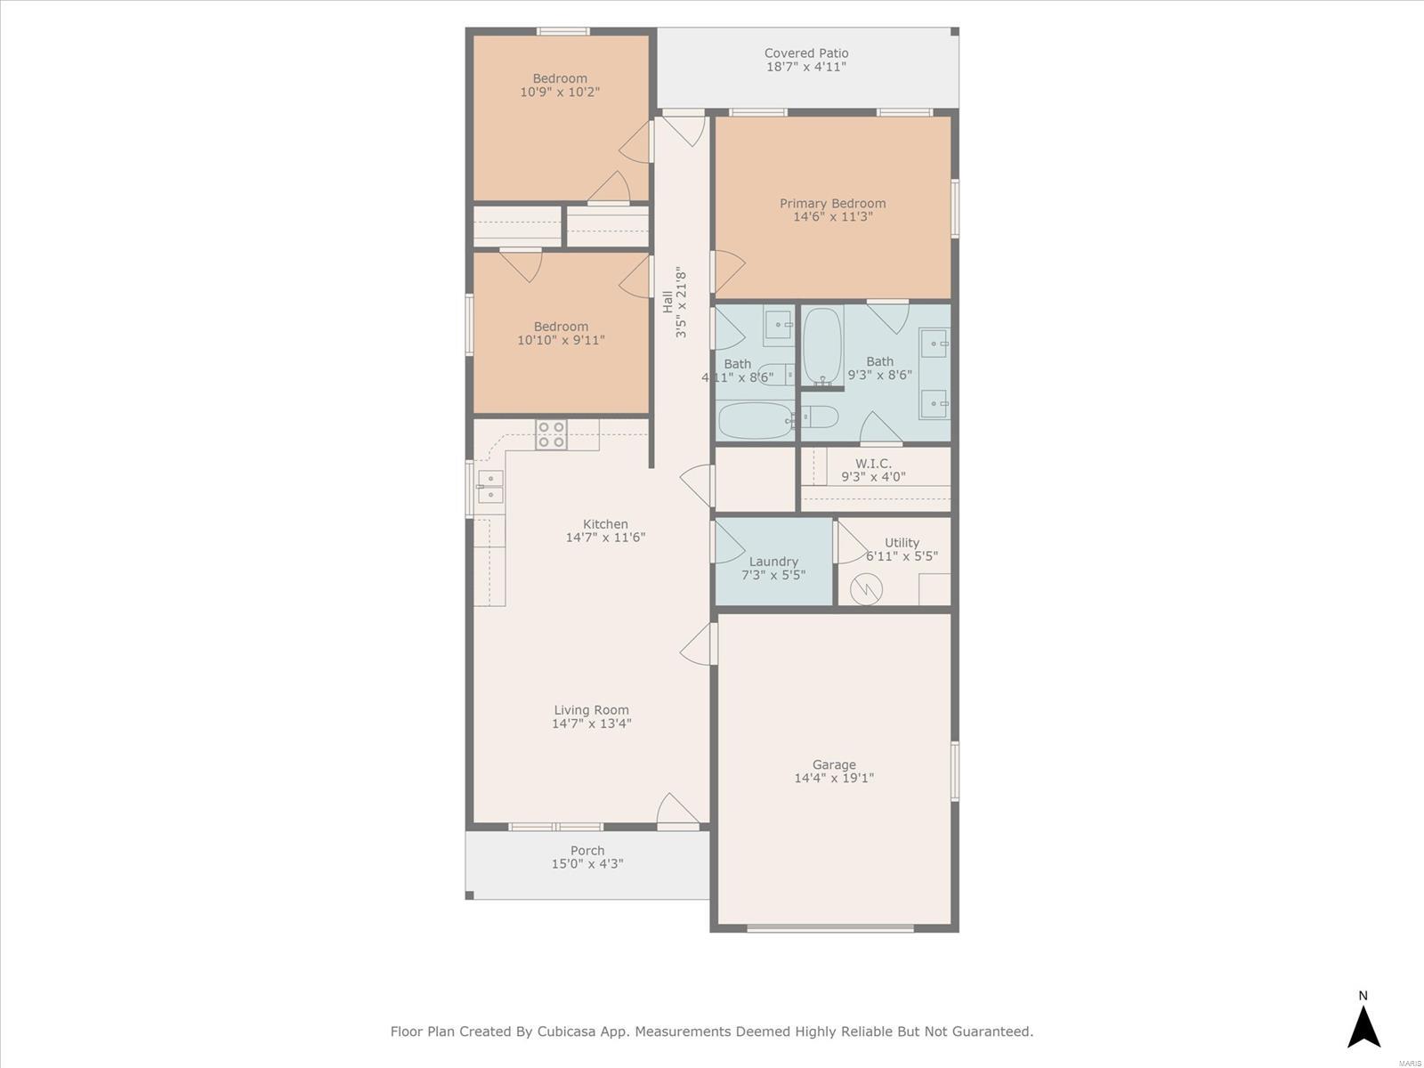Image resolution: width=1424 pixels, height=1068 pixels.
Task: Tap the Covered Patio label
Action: pos(806,53)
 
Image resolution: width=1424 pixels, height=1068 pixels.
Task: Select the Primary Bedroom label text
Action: pos(832,204)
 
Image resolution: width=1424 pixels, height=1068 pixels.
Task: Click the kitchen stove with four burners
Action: pos(551,434)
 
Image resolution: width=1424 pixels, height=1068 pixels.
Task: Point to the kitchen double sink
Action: pos(489,486)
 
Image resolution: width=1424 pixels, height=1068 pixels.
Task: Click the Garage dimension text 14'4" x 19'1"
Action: pos(834,778)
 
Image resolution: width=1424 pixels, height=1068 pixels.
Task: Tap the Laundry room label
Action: pos(773,562)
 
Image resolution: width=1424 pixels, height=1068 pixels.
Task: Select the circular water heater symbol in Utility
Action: pos(866,589)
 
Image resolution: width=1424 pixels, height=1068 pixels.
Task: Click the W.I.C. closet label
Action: pos(873,464)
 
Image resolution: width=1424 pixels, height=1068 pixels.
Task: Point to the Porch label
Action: pos(587,850)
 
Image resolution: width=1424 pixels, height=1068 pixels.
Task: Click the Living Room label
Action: pos(591,710)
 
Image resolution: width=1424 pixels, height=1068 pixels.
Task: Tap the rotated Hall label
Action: pos(667,302)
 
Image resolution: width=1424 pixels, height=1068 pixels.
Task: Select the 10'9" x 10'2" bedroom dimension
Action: pos(559,92)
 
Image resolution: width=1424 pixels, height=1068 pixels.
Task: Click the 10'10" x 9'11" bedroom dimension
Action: pos(561,340)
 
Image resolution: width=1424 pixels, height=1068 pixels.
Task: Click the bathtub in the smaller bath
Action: pos(755,420)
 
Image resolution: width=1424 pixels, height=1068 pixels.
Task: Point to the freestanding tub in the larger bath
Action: pos(822,346)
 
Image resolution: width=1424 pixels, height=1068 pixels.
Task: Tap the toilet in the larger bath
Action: pos(820,417)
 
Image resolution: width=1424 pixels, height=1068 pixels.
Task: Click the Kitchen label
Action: pos(605,524)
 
